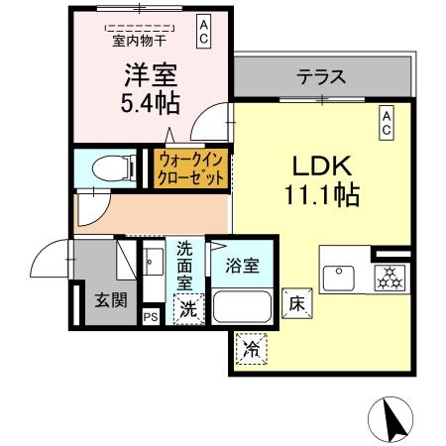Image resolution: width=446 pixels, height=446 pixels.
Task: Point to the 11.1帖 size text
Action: click(318, 195)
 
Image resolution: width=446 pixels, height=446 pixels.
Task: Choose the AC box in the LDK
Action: click(388, 122)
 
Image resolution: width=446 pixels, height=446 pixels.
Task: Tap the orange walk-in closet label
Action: click(190, 168)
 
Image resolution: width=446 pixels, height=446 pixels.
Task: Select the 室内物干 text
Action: click(138, 41)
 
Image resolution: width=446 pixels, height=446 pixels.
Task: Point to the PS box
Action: click(151, 317)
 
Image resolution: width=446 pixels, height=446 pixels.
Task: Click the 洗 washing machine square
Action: click(185, 308)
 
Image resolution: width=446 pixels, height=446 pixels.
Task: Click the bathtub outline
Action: click(243, 308)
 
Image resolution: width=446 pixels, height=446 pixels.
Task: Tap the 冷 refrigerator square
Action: click(252, 349)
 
